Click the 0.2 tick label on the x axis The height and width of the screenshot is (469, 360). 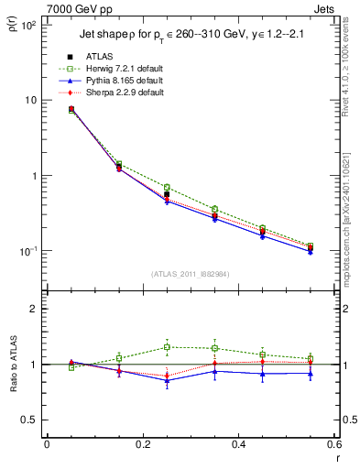pos(141,444)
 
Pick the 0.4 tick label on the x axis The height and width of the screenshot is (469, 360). pos(237,444)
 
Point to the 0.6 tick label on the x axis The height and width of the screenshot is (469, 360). pos(332,444)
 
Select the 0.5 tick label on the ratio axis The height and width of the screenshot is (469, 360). pos(28,420)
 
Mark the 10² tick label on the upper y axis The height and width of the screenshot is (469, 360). pos(27,26)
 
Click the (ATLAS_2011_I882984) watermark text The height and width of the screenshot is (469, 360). pos(190,273)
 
